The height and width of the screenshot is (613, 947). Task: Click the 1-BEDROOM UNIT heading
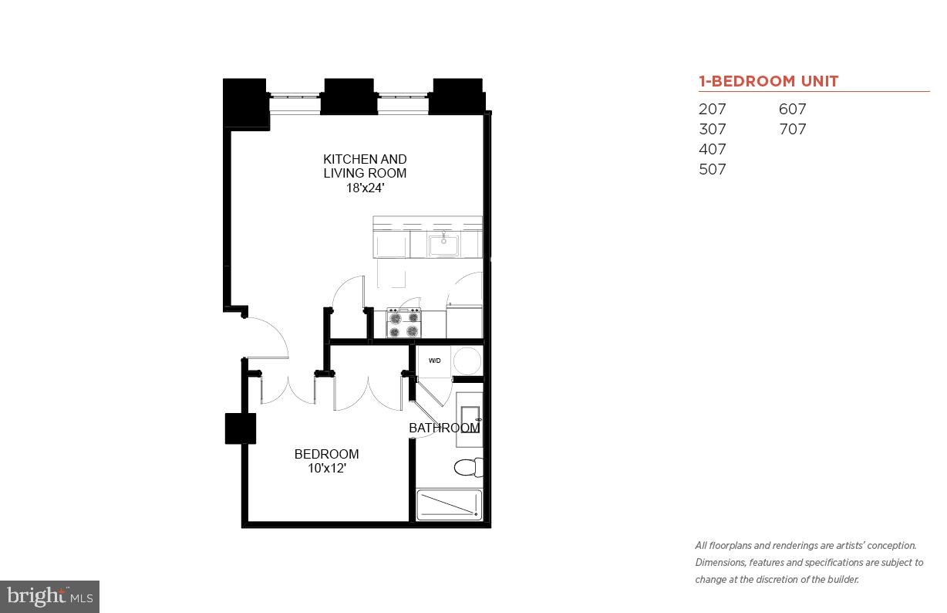coord(768,81)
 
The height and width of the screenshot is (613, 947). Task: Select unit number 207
coord(713,110)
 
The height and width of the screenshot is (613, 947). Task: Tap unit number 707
coord(793,130)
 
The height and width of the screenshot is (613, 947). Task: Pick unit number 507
coord(713,170)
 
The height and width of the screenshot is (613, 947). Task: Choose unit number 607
coord(793,110)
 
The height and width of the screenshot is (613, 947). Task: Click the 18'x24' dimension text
coord(365,187)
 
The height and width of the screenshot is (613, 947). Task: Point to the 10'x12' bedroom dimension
coord(326,468)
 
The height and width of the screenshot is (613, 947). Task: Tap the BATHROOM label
coord(444,428)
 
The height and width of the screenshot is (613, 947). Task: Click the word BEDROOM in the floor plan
coord(326,454)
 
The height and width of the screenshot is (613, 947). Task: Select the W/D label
coord(435,361)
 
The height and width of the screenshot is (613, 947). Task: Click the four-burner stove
coord(404,323)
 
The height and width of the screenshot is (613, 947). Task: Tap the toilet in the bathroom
coord(467,467)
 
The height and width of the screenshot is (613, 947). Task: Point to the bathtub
coord(449,505)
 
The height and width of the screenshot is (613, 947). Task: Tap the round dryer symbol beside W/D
coord(467,361)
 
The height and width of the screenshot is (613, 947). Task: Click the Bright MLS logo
coord(49,596)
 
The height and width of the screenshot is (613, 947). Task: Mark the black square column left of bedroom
coord(240,428)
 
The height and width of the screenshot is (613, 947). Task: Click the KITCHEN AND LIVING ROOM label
coord(365,166)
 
